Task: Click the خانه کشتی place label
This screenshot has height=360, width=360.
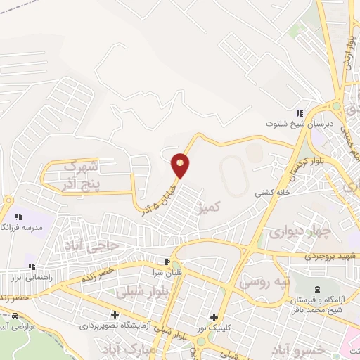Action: click(x=269, y=191)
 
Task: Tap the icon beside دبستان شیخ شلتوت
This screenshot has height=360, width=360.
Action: click(x=299, y=112)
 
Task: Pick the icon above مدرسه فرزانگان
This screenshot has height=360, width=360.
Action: click(x=19, y=217)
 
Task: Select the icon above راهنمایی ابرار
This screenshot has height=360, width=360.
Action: click(x=32, y=266)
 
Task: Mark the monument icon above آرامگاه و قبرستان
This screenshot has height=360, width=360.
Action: click(x=316, y=289)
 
